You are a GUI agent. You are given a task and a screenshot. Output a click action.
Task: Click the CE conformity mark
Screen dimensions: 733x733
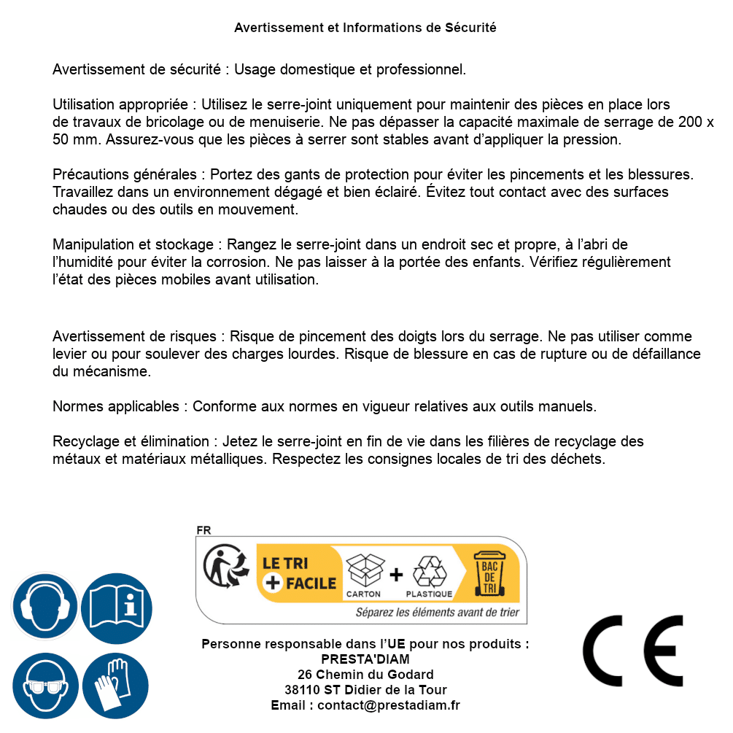pos(633,646)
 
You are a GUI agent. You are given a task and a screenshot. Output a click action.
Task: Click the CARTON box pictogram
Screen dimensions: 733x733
pos(364,570)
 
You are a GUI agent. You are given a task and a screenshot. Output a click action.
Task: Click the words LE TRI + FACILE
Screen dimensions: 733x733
pos(299,573)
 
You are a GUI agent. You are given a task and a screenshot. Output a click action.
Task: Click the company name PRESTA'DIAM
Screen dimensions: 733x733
pos(365,659)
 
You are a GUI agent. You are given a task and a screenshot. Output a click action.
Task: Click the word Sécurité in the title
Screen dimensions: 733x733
pos(470,28)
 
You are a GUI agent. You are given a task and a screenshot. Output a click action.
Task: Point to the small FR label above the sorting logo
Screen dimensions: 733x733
pos(203,530)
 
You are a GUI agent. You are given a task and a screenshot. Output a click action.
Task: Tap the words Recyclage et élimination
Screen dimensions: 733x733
pos(131,441)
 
